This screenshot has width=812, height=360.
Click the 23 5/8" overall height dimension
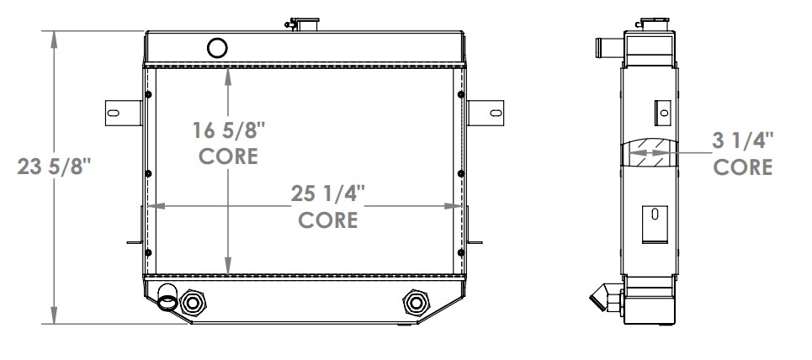(53, 167)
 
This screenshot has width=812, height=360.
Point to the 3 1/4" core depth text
(742, 140)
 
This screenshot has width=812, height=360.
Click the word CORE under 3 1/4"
(742, 167)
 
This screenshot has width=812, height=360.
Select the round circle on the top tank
(216, 47)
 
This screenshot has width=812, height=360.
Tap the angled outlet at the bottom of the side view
(604, 297)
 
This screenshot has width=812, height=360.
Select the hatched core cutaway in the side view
(650, 153)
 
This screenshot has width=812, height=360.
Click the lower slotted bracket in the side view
(654, 222)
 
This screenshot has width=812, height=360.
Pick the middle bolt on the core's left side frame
(149, 174)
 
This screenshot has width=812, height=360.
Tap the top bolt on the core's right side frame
(461, 94)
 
